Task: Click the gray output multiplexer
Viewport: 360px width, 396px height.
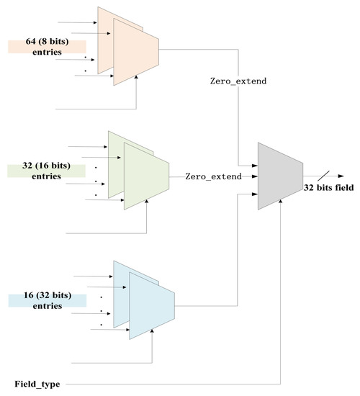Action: tap(279, 176)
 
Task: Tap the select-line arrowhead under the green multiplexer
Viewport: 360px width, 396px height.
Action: tap(146, 214)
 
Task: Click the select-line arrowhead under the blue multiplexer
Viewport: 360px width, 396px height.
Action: tap(152, 344)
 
